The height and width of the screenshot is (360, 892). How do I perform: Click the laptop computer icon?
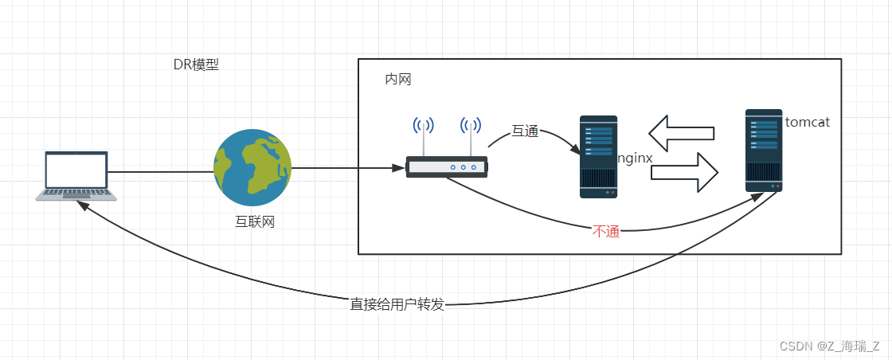(76, 175)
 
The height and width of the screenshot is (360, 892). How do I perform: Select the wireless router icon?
(446, 166)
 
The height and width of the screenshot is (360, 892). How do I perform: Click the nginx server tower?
(598, 156)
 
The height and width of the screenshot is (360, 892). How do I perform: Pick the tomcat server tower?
(764, 151)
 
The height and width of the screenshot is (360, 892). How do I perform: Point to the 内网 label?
(397, 80)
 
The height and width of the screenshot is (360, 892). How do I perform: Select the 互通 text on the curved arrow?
(525, 131)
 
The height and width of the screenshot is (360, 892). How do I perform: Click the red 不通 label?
(606, 232)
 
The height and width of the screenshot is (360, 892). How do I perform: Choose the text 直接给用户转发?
(397, 304)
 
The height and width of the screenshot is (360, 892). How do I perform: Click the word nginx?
(635, 158)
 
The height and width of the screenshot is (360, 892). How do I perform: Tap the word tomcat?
(807, 123)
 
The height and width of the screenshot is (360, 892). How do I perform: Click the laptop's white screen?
(76, 170)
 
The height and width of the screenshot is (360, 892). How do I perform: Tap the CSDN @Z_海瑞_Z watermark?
(829, 346)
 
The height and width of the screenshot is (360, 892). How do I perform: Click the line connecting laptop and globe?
(159, 171)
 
